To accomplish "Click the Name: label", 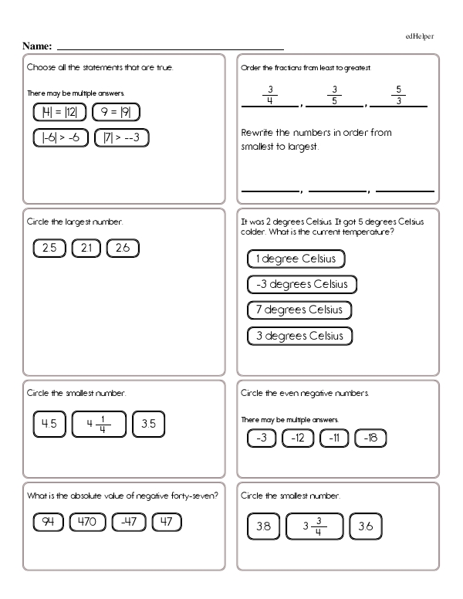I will [38, 46].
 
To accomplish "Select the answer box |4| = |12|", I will [59, 113].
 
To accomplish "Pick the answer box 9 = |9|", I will [116, 113].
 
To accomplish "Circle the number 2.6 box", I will [123, 248].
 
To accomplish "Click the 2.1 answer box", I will [86, 248].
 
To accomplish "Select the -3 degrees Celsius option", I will [302, 284].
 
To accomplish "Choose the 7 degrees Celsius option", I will [299, 310].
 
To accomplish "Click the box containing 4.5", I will [49, 423].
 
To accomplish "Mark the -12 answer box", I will [297, 439].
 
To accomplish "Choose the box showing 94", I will [49, 522].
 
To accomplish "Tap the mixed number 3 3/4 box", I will [313, 527].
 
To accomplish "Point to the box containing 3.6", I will [366, 527].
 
